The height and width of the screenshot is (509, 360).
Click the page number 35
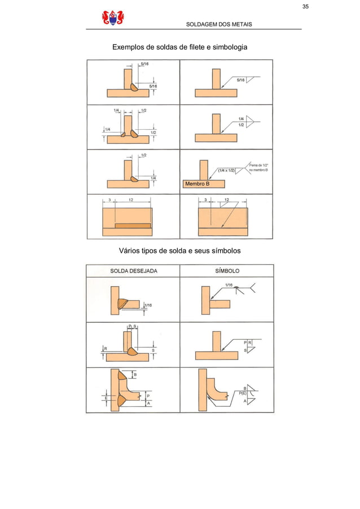[305, 7]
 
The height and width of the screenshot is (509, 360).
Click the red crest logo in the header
[113, 19]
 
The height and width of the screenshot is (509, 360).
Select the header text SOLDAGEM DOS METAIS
[219, 24]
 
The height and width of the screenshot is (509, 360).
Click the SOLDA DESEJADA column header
[133, 271]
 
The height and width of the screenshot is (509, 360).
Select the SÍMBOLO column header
[227, 271]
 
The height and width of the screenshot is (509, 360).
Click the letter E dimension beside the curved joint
[106, 398]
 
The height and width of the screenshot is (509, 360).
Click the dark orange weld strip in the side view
[133, 225]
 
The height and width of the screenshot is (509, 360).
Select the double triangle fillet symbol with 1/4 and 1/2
[251, 121]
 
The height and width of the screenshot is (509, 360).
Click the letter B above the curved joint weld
[134, 374]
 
